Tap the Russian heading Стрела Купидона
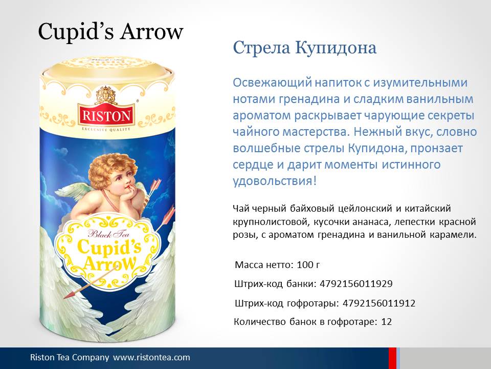tap(305, 48)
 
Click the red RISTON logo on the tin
tap(106, 115)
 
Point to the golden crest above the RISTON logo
tap(106, 94)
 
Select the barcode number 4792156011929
tap(356, 283)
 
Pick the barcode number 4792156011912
tap(379, 303)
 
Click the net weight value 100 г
tap(308, 265)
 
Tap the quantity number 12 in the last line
tap(387, 322)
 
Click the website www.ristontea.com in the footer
tap(151, 357)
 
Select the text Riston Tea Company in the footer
tap(70, 357)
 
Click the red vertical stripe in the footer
tap(392, 358)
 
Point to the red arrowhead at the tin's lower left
tap(70, 294)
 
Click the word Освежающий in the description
tap(273, 83)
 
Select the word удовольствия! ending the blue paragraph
tap(275, 181)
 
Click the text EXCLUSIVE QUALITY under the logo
tap(106, 129)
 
